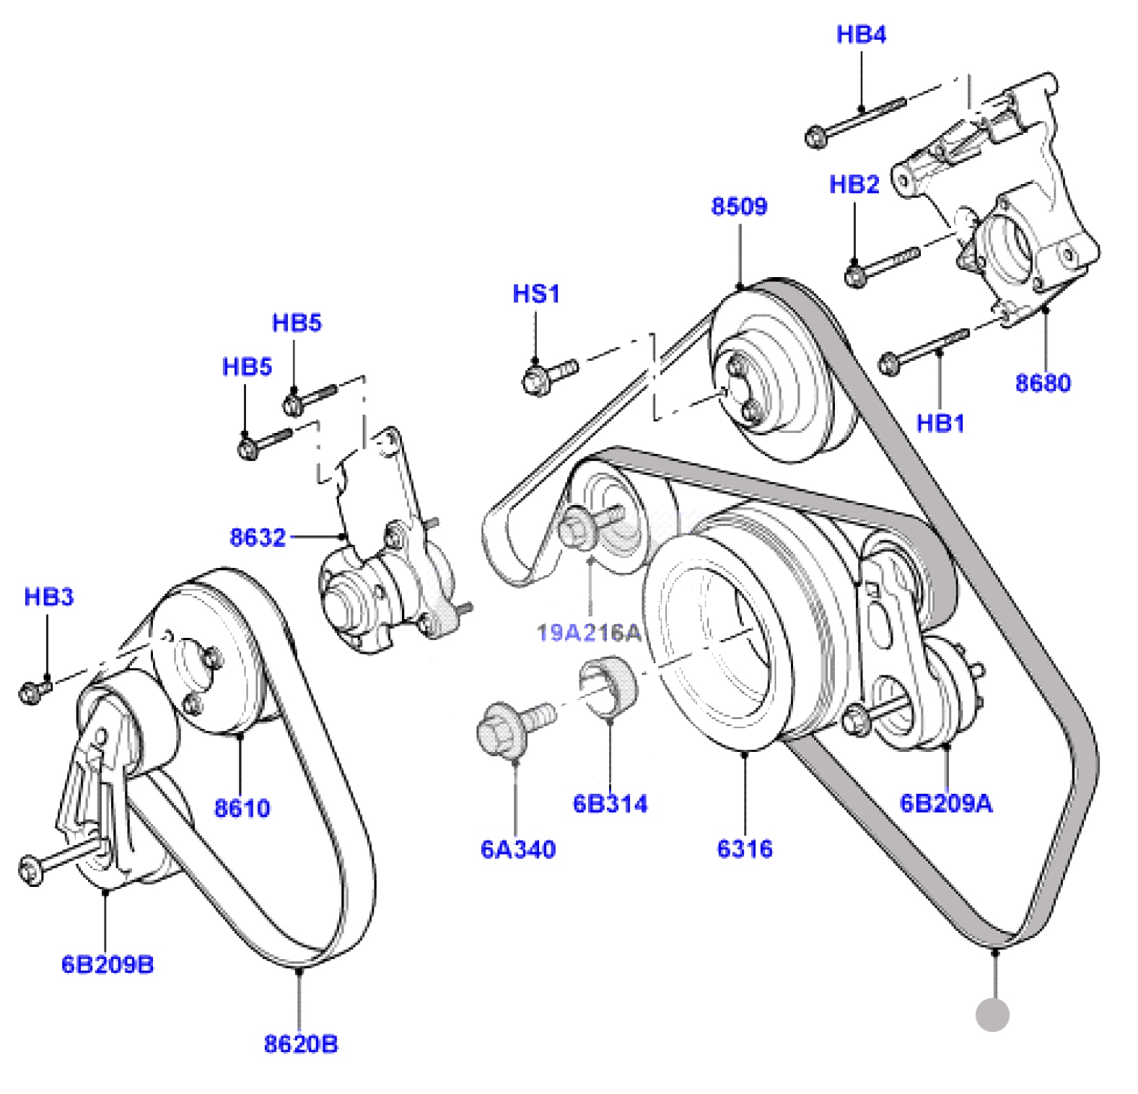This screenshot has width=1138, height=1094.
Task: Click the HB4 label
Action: [x=861, y=34]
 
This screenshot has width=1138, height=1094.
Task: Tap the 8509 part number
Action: [x=739, y=206]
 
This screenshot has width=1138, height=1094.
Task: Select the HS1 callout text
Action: [x=536, y=294]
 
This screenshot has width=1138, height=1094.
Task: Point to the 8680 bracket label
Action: [x=1043, y=382]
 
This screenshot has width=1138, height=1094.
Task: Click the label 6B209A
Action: [x=946, y=803]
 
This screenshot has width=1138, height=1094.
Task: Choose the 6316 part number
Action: [x=745, y=849]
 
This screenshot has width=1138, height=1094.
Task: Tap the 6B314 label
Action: [x=610, y=803]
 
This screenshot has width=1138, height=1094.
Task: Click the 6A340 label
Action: [x=518, y=849]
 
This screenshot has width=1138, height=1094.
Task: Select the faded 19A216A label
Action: [x=589, y=633]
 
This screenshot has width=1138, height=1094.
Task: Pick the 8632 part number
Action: [x=258, y=537]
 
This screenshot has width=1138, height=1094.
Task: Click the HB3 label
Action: [x=49, y=597]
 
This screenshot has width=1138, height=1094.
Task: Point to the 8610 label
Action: [x=242, y=808]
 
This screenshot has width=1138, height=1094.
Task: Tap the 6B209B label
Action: [x=108, y=964]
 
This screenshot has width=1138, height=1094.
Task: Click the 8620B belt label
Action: [x=301, y=1043]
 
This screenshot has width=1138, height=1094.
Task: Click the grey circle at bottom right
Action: [x=992, y=1015]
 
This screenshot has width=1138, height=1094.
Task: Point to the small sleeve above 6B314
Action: [x=608, y=687]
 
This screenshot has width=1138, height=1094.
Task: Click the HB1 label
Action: [x=940, y=423]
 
